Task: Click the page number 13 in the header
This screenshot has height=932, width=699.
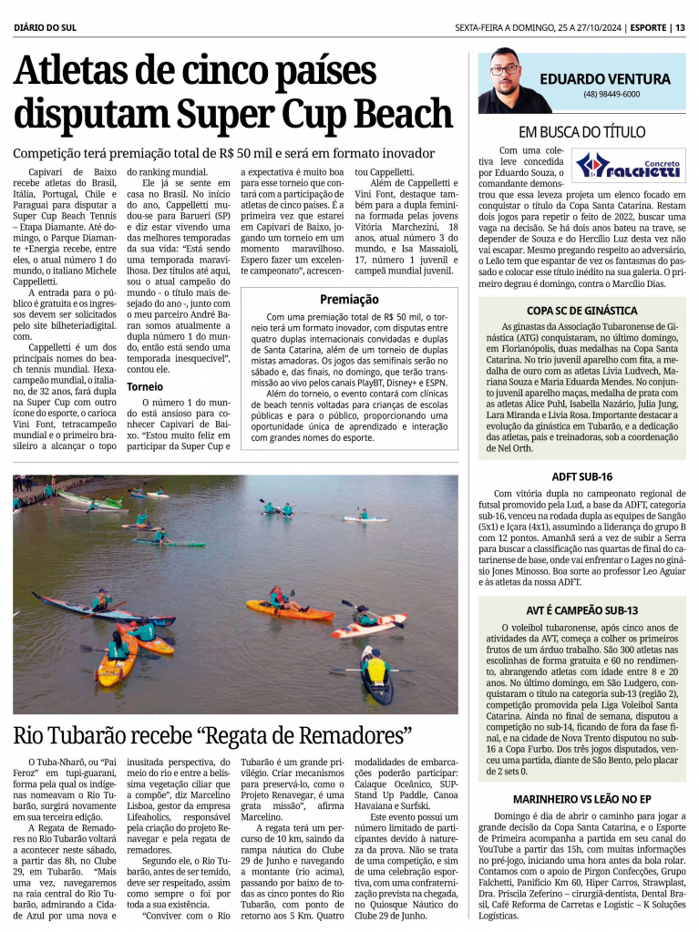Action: click(x=680, y=27)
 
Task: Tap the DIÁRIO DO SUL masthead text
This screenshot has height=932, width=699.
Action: click(x=46, y=27)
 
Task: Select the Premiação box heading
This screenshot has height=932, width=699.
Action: click(x=349, y=299)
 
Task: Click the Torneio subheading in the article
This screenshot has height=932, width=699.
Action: click(x=145, y=386)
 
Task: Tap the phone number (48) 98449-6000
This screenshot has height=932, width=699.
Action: click(x=612, y=94)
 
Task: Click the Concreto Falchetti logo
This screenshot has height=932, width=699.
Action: click(x=630, y=166)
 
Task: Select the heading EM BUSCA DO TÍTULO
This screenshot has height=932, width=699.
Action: click(x=581, y=131)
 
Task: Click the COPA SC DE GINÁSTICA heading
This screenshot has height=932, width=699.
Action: click(x=581, y=311)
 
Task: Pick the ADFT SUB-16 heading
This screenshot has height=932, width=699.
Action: click(x=581, y=476)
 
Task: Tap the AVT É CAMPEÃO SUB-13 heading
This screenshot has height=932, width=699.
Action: click(x=581, y=610)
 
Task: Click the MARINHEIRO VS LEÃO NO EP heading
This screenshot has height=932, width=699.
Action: click(x=581, y=798)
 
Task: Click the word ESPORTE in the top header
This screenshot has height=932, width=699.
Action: click(x=648, y=27)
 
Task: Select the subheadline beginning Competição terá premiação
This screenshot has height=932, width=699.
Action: click(x=223, y=153)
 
